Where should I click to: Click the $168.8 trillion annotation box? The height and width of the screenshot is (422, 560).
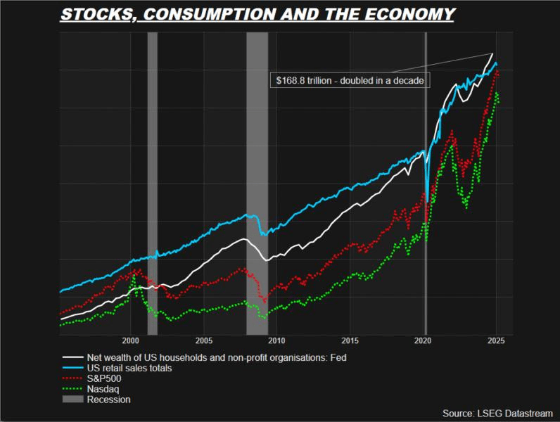pos(348,80)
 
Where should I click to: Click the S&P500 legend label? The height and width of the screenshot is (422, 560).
pos(103,378)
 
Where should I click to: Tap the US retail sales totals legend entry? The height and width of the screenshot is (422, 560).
pos(128,367)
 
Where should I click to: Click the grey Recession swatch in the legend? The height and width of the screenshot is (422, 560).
pos(72,399)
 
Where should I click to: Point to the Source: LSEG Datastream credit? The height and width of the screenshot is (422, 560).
pos(497,413)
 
